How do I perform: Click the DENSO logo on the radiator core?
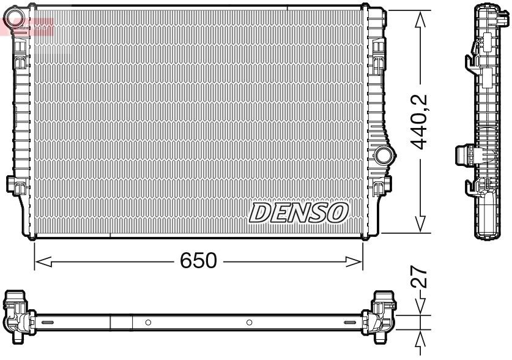coord(299,212)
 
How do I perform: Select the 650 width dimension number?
coord(198,261)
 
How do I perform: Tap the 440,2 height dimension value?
coord(419,122)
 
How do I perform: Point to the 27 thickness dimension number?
coord(420,281)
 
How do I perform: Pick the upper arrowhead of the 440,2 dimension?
coord(420,20)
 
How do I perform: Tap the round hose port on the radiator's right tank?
coord(384,156)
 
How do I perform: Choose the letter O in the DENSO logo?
coord(338,212)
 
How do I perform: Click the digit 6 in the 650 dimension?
coord(186,261)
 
